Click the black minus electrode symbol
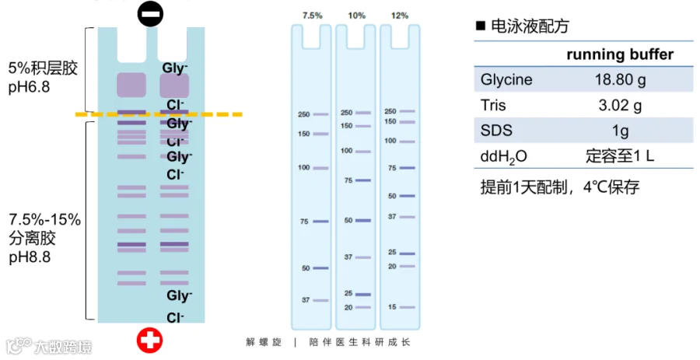pyautogui.click(x=151, y=13)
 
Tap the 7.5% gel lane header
pyautogui.click(x=311, y=15)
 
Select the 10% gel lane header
pyautogui.click(x=355, y=15)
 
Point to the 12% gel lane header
pyautogui.click(x=400, y=15)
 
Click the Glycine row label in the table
pyautogui.click(x=506, y=79)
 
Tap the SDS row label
pyautogui.click(x=497, y=131)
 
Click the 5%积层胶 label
pyautogui.click(x=43, y=68)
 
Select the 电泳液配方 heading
pyautogui.click(x=530, y=26)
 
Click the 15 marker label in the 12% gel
pyautogui.click(x=391, y=307)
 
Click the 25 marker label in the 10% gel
pyautogui.click(x=348, y=293)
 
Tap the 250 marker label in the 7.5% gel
pyautogui.click(x=304, y=114)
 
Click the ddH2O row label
pyautogui.click(x=504, y=156)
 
